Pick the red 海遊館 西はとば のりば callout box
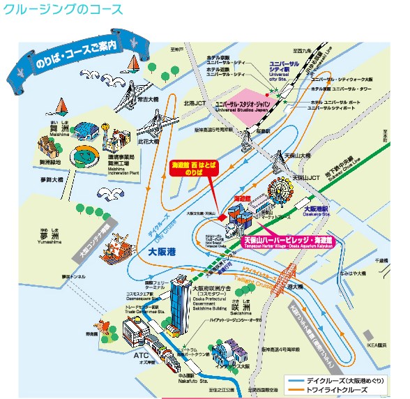(x=195, y=169)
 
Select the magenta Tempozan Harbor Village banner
(x=288, y=240)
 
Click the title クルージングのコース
(x=63, y=10)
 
